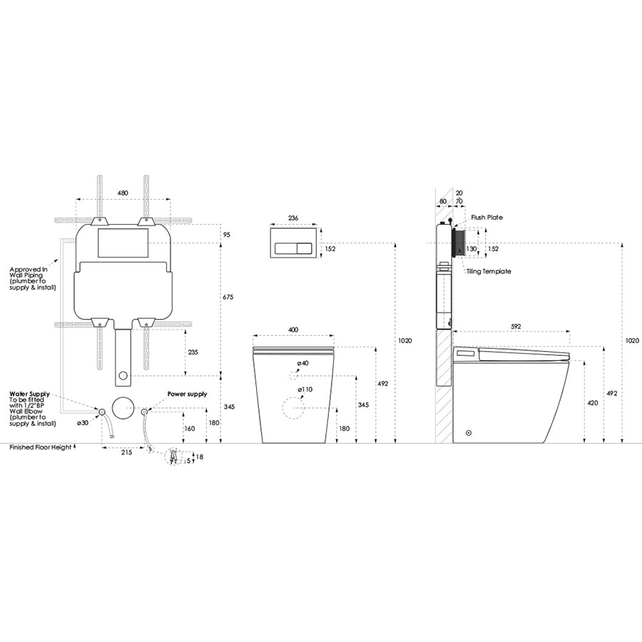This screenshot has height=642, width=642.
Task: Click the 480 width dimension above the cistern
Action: [x=123, y=193]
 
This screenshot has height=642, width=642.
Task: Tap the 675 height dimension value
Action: [x=228, y=297]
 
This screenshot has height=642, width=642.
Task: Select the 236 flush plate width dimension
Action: [x=293, y=218]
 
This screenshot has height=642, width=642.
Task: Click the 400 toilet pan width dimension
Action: [x=293, y=330]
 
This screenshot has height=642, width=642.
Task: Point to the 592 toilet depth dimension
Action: [x=516, y=326]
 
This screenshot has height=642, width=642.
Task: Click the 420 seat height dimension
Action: [x=593, y=403]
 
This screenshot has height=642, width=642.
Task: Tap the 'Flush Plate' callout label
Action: [x=486, y=218]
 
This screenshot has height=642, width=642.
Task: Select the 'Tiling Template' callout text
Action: [x=489, y=271]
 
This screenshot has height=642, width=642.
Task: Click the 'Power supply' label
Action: [x=187, y=394]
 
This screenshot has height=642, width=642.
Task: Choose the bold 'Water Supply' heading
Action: [x=29, y=394]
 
